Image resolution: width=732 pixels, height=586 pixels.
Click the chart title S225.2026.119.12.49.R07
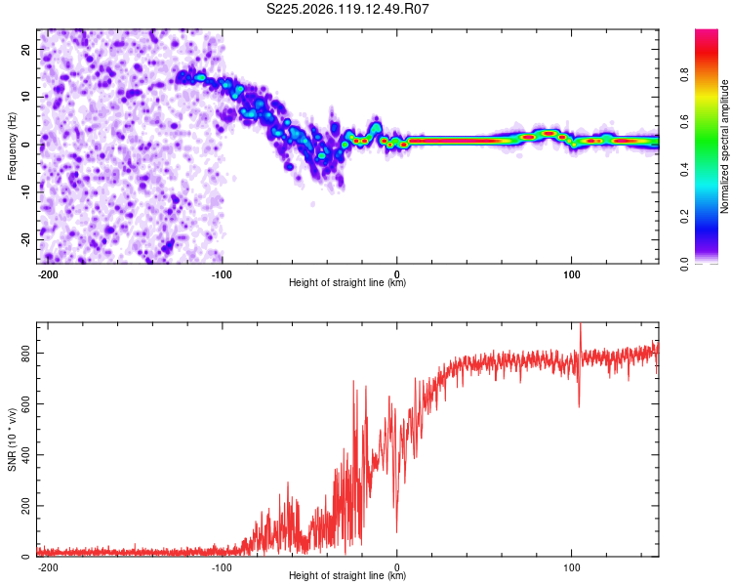pos(347,9)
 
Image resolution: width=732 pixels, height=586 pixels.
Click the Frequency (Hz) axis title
pos(12,146)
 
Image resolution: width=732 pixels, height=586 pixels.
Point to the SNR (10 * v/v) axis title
pos(12,439)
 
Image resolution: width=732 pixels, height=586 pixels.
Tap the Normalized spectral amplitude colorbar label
pos(724,146)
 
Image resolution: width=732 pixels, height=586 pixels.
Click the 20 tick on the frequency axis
pos(25,49)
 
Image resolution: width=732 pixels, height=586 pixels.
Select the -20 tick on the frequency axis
pos(25,240)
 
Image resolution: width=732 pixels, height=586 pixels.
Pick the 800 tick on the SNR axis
pos(25,354)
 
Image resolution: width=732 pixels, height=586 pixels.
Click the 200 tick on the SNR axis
pos(25,506)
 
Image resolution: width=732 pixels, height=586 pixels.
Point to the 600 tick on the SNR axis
pos(25,404)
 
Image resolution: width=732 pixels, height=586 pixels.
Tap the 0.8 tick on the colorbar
pos(684,75)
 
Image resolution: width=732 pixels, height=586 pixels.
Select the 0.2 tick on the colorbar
pos(684,217)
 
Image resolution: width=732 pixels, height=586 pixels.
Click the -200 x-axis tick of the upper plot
pos(48,274)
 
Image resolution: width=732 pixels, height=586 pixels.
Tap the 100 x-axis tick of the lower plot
pos(571,567)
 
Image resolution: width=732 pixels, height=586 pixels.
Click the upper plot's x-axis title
pos(347,282)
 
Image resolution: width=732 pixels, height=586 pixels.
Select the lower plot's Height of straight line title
pos(347,575)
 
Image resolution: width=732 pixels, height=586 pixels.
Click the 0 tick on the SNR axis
pos(25,556)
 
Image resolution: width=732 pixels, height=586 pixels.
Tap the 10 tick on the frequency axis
pos(25,97)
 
